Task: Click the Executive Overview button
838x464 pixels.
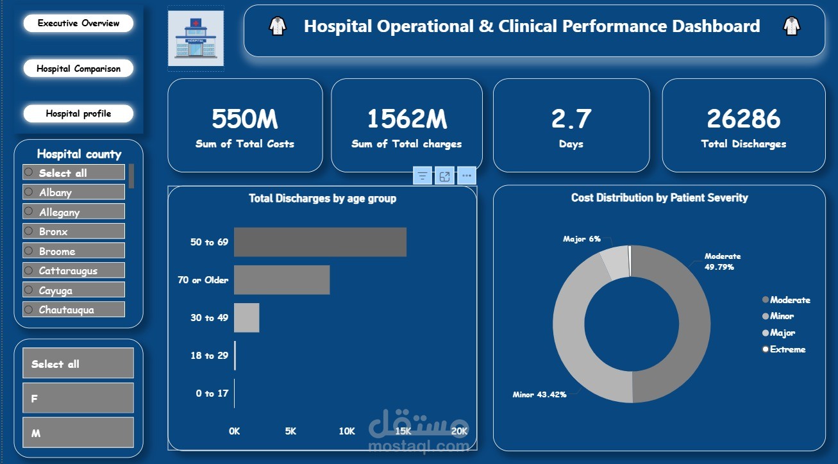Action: point(78,23)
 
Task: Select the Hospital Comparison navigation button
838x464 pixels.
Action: point(78,69)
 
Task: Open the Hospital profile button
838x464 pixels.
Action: point(78,113)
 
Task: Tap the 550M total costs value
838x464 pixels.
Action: point(244,119)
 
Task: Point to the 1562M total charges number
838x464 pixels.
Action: point(406,119)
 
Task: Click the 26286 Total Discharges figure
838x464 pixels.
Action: point(743,119)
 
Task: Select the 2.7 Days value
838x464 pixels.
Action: point(571,119)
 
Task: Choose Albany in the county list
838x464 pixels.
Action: point(73,192)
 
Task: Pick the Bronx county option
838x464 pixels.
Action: point(73,231)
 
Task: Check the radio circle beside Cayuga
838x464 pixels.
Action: point(29,290)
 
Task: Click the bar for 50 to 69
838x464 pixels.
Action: point(320,242)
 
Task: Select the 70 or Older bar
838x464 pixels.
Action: point(281,280)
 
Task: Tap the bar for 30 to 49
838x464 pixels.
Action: point(246,318)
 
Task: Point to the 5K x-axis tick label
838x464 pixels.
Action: point(290,431)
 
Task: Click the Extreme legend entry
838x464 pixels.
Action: point(787,349)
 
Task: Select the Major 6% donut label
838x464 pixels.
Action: point(582,239)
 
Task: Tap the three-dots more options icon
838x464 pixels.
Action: point(466,176)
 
